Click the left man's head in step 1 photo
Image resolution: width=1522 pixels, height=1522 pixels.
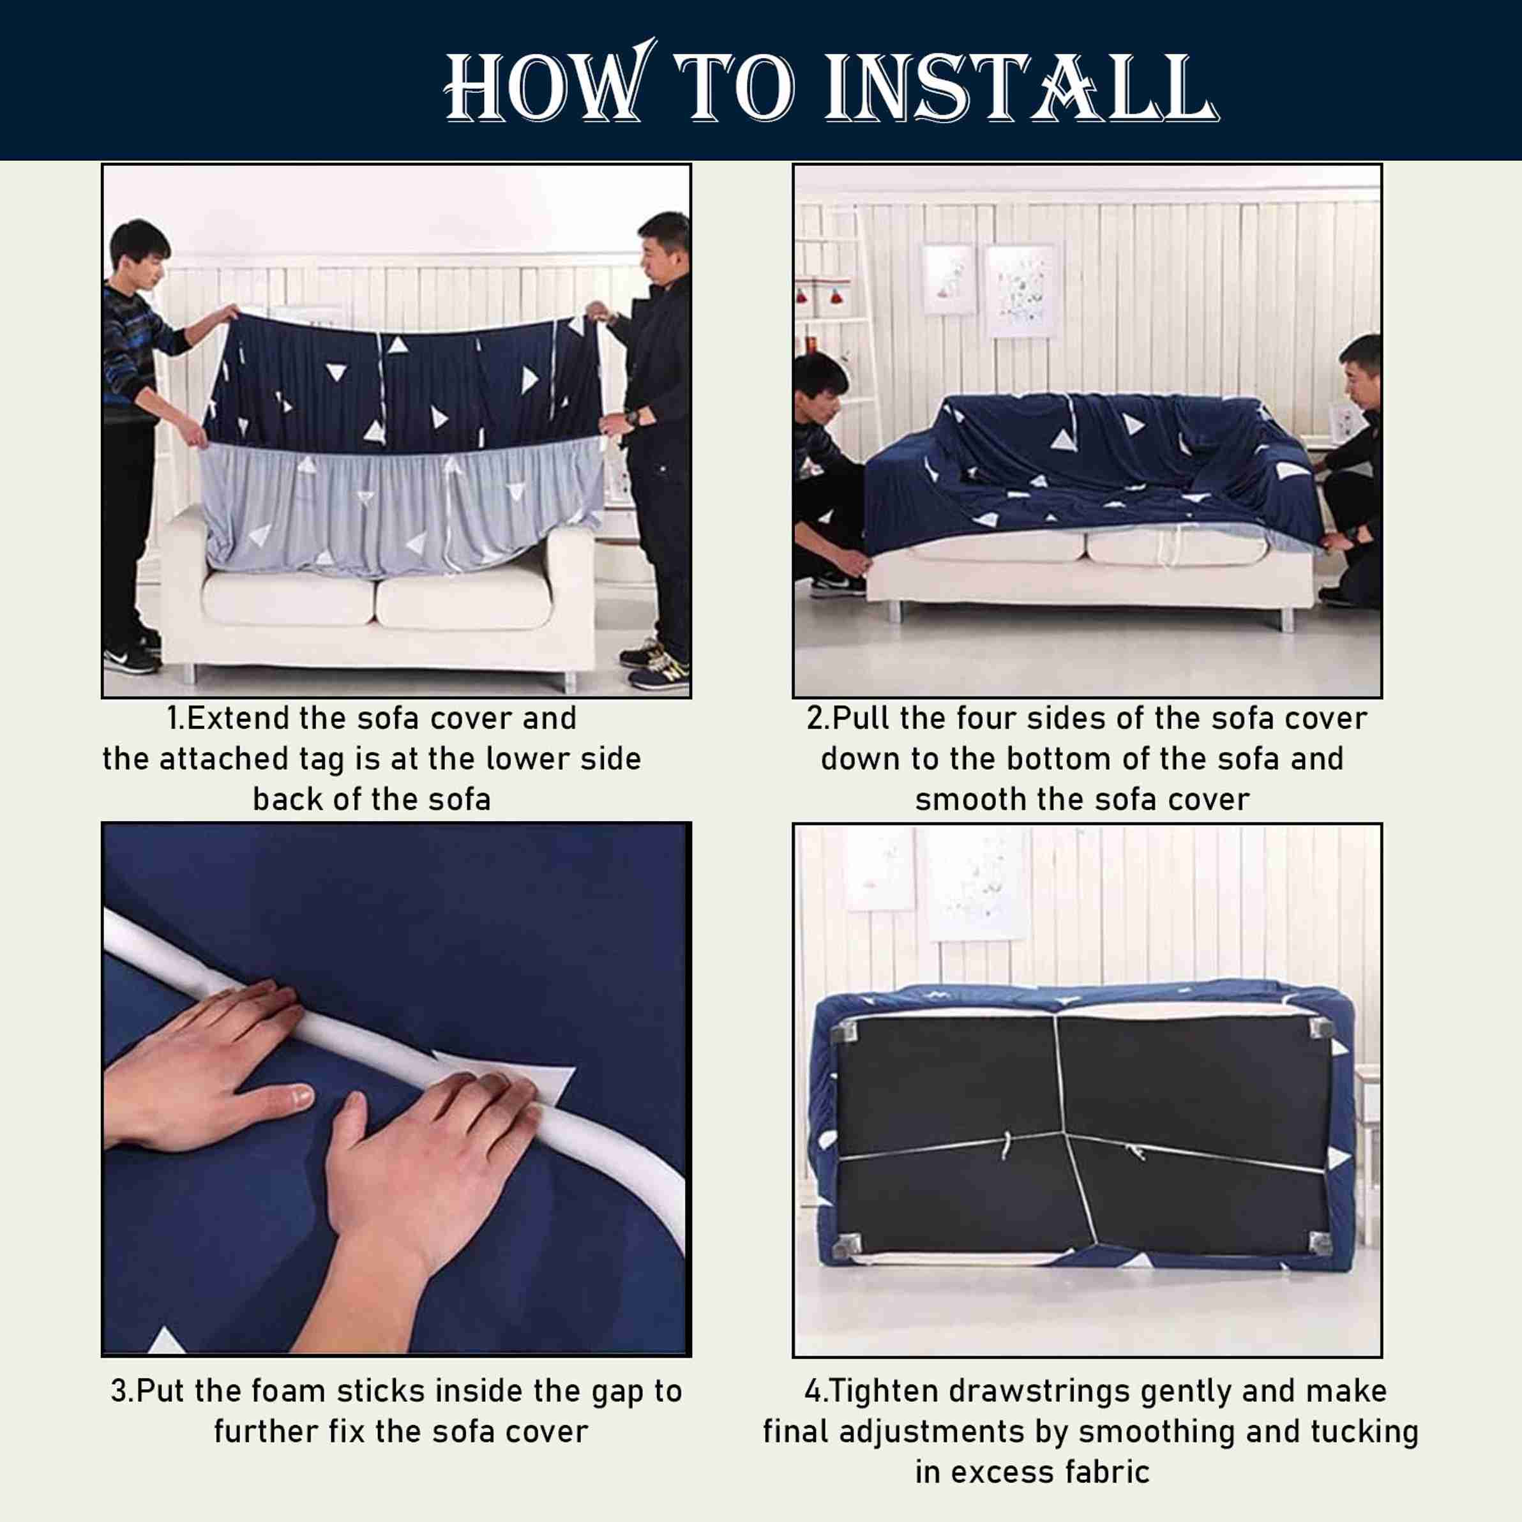pyautogui.click(x=140, y=248)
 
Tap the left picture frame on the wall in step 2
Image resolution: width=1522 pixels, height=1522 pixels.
pyautogui.click(x=949, y=279)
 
